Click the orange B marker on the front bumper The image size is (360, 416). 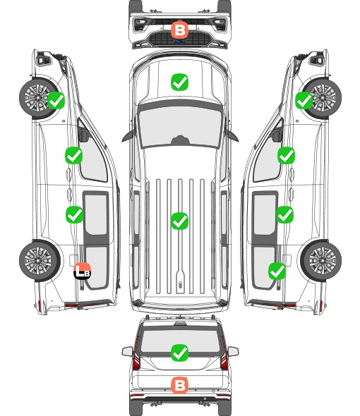pyautogui.click(x=179, y=30)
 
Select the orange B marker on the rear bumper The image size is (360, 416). pyautogui.click(x=179, y=385)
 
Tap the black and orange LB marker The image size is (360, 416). pyautogui.click(x=83, y=271)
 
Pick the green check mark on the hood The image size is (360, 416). pyautogui.click(x=179, y=82)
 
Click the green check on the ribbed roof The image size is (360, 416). pyautogui.click(x=179, y=221)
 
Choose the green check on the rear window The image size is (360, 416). pyautogui.click(x=179, y=353)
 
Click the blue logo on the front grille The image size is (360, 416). pyautogui.click(x=180, y=41)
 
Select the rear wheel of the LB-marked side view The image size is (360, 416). pyautogui.click(x=40, y=261)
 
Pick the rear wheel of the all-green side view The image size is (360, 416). pyautogui.click(x=321, y=261)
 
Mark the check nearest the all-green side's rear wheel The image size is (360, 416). pyautogui.click(x=277, y=271)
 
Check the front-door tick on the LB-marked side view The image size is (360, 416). pyautogui.click(x=74, y=155)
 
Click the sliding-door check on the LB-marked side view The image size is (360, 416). pyautogui.click(x=74, y=214)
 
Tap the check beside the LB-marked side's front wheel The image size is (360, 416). pyautogui.click(x=56, y=100)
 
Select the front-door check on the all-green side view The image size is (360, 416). pyautogui.click(x=286, y=155)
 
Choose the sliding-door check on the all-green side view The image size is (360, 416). pyautogui.click(x=284, y=214)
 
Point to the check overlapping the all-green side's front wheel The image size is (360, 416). pyautogui.click(x=304, y=100)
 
